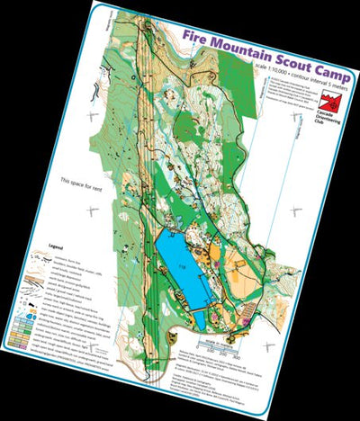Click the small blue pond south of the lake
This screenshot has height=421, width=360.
[x=203, y=318]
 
